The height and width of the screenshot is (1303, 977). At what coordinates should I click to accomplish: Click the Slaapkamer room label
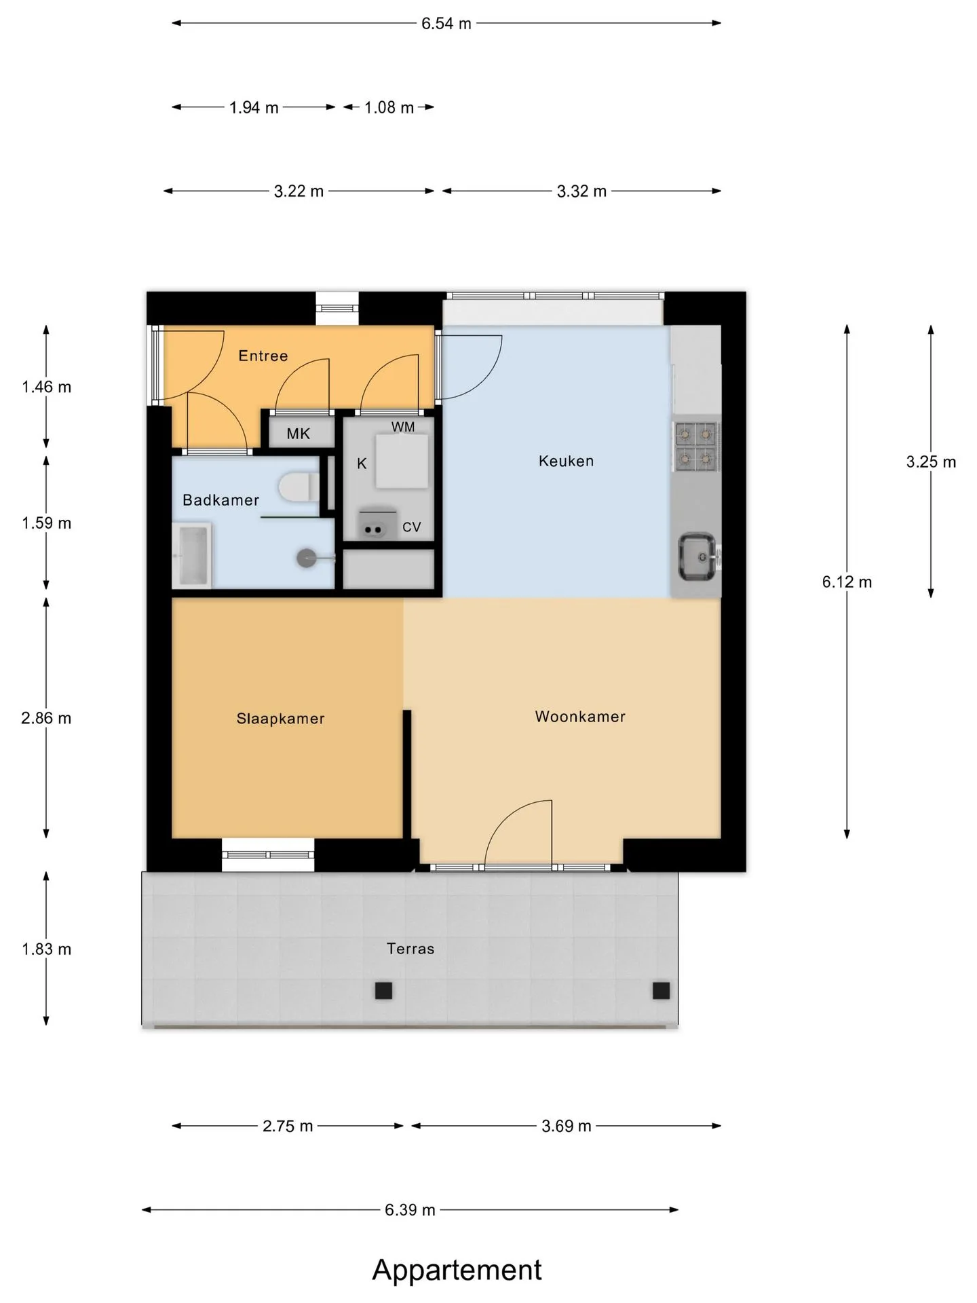(x=280, y=719)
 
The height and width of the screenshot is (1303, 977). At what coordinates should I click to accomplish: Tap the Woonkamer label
(x=580, y=717)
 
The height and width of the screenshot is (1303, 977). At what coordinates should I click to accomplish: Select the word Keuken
(x=566, y=461)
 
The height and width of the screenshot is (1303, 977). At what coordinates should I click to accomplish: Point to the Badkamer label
(x=221, y=500)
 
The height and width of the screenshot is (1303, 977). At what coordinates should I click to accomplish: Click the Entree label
(x=263, y=356)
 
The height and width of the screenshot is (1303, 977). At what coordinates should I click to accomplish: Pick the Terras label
(x=410, y=949)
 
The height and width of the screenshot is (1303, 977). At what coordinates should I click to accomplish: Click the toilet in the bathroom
(x=299, y=487)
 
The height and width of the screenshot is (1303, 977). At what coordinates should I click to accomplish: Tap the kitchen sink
(x=697, y=556)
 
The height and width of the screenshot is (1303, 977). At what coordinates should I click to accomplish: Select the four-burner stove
(x=697, y=447)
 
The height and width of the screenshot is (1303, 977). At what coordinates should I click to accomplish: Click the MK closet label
(x=298, y=434)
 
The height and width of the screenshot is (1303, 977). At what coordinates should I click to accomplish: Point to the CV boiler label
(x=412, y=527)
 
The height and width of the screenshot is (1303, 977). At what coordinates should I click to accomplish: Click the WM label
(x=403, y=427)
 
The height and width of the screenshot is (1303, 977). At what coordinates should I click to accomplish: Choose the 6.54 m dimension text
(x=446, y=24)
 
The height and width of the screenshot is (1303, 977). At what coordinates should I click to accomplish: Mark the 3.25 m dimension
(x=931, y=462)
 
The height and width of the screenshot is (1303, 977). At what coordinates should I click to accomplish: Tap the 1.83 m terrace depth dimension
(x=46, y=949)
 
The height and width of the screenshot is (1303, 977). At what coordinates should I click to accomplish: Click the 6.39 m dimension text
(x=410, y=1210)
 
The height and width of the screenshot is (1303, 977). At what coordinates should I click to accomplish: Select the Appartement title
(x=457, y=1270)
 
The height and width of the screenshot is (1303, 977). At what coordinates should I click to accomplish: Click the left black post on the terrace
(x=384, y=991)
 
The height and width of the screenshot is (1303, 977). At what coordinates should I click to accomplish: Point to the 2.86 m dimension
(x=46, y=718)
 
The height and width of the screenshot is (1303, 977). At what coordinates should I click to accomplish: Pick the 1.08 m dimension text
(x=389, y=108)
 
